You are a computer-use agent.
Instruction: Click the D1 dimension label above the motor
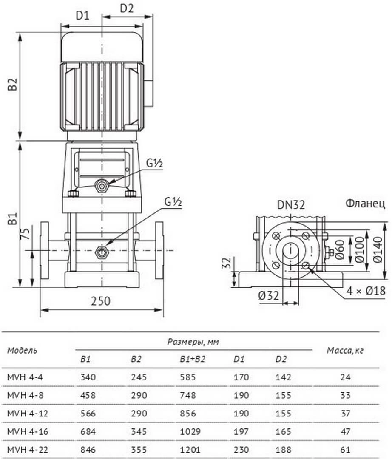(82, 15)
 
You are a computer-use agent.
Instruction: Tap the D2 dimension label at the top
(127, 8)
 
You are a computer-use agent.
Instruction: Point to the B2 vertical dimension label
(13, 84)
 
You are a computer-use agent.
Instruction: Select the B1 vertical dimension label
(13, 219)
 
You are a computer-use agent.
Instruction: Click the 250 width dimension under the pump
(100, 301)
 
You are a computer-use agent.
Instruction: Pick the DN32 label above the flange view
(291, 204)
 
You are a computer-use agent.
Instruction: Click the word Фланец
(365, 203)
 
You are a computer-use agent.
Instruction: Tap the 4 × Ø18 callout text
(366, 291)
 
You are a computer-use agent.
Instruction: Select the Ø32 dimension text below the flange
(268, 296)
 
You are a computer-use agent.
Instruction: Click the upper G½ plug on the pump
(102, 186)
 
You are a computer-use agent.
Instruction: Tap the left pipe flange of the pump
(44, 250)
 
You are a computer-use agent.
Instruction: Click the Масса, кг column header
(345, 350)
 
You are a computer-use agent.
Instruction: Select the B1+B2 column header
(192, 359)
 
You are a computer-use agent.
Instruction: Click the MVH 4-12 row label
(27, 414)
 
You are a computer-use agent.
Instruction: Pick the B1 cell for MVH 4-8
(88, 395)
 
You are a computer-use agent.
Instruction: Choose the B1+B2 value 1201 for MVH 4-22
(190, 449)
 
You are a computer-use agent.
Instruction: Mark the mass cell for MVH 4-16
(346, 431)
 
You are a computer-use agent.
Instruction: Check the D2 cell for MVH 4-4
(283, 377)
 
